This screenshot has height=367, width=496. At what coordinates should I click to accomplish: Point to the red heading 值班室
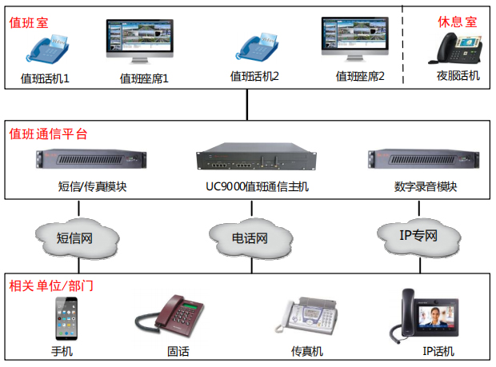pyautogui.click(x=29, y=22)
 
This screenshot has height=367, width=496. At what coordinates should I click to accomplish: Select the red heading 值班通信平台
pyautogui.click(x=48, y=134)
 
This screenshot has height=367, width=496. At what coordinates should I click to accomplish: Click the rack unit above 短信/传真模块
pyautogui.click(x=92, y=159)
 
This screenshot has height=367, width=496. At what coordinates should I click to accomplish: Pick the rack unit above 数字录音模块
pyautogui.click(x=425, y=159)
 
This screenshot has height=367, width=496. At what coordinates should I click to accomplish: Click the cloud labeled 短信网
pyautogui.click(x=77, y=237)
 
